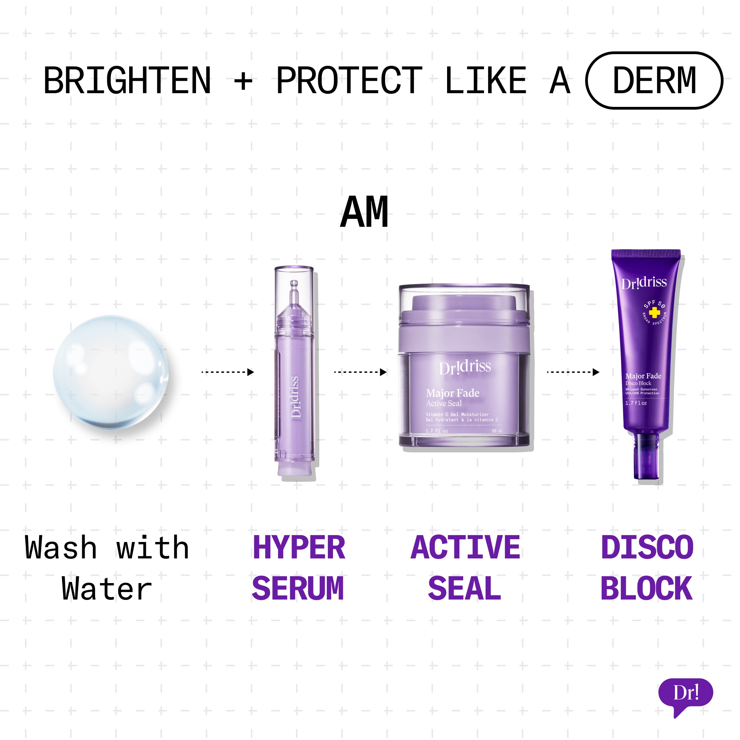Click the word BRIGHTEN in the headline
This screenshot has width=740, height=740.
127,81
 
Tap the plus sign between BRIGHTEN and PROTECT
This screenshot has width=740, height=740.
243,81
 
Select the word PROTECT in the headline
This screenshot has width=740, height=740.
349,81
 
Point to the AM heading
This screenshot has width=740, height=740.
364,212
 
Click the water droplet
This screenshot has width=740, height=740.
111,372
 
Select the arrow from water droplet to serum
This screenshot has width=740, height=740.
227,372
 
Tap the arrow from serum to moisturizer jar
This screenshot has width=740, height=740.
360,372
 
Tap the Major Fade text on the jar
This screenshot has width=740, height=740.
452,393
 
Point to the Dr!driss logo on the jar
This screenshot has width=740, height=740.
465,367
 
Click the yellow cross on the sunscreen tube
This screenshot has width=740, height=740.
654,313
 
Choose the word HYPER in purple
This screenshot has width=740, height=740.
299,548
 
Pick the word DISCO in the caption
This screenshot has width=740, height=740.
647,548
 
